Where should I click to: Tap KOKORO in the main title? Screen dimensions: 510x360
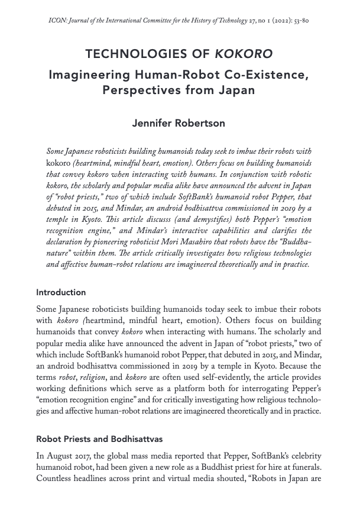point(244,54)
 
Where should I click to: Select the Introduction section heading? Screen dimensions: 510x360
point(61,292)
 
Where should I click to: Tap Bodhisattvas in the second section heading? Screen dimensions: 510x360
point(134,440)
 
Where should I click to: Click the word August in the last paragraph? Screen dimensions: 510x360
point(61,455)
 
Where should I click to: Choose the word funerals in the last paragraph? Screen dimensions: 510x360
point(303,466)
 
